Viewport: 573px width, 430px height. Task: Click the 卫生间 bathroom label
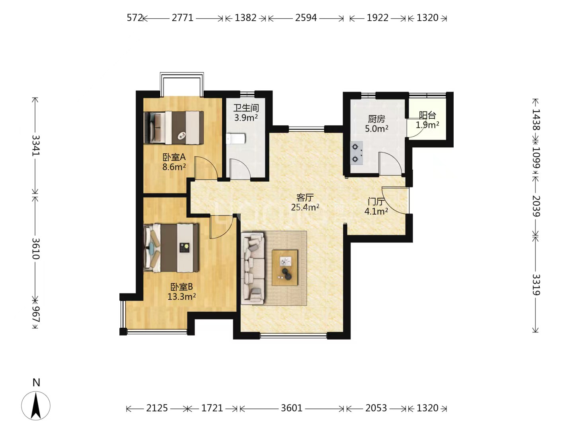point(246,108)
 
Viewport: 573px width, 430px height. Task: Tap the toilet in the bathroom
point(236,139)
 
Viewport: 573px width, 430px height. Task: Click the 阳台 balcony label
point(427,115)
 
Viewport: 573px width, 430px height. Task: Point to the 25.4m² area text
point(305,207)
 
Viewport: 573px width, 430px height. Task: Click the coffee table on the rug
point(285,268)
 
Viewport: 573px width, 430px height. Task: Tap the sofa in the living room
point(253,268)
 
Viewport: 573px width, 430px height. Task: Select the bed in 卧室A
point(174,128)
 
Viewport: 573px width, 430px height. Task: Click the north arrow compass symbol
point(36,406)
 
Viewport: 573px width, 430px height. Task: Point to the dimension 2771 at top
point(183,18)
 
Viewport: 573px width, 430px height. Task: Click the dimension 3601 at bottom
point(291,408)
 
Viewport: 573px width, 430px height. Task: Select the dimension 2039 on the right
point(536,206)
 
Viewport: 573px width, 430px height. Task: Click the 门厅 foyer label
point(376,201)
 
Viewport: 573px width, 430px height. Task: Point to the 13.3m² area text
point(182,297)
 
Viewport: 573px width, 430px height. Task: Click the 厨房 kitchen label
point(376,119)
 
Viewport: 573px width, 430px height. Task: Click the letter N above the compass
point(36,383)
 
